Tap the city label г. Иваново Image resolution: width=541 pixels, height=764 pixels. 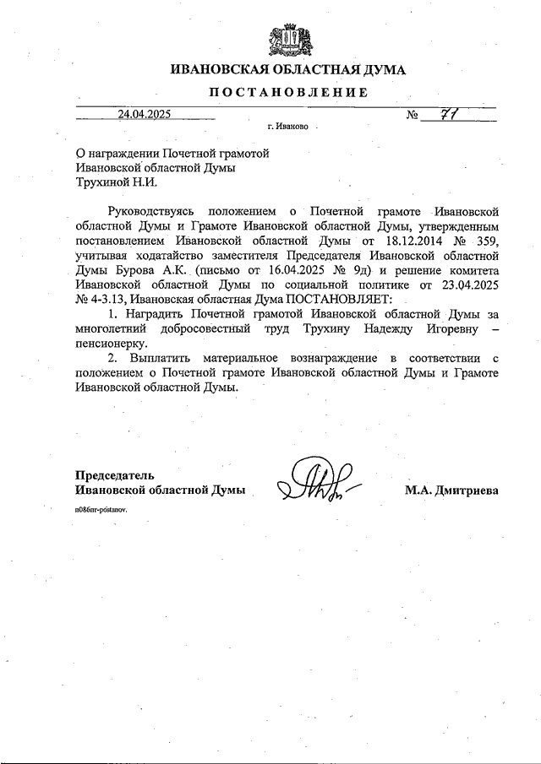(287, 127)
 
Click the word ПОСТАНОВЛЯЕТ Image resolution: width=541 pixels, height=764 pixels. (337, 300)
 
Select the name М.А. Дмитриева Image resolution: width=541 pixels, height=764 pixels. (451, 490)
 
